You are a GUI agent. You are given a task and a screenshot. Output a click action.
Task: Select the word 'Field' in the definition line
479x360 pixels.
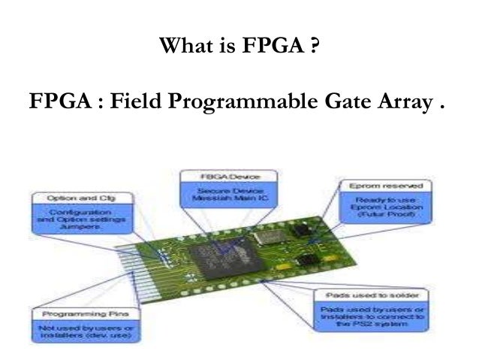point(137,100)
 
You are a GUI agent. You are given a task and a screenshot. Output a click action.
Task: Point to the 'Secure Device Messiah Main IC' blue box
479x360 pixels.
point(228,194)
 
